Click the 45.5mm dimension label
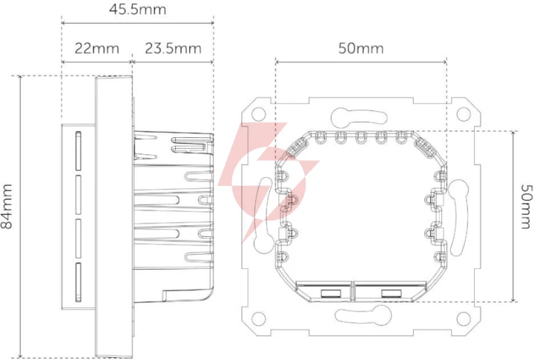(x=137, y=9)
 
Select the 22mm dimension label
(x=97, y=48)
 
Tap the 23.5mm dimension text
(x=173, y=48)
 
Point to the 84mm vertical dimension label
(x=6, y=206)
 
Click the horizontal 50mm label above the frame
(x=361, y=48)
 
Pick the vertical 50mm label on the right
(x=526, y=206)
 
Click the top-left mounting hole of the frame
(x=258, y=114)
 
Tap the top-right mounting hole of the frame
(x=464, y=114)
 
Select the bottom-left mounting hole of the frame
(x=258, y=319)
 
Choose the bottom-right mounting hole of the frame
(x=464, y=319)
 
